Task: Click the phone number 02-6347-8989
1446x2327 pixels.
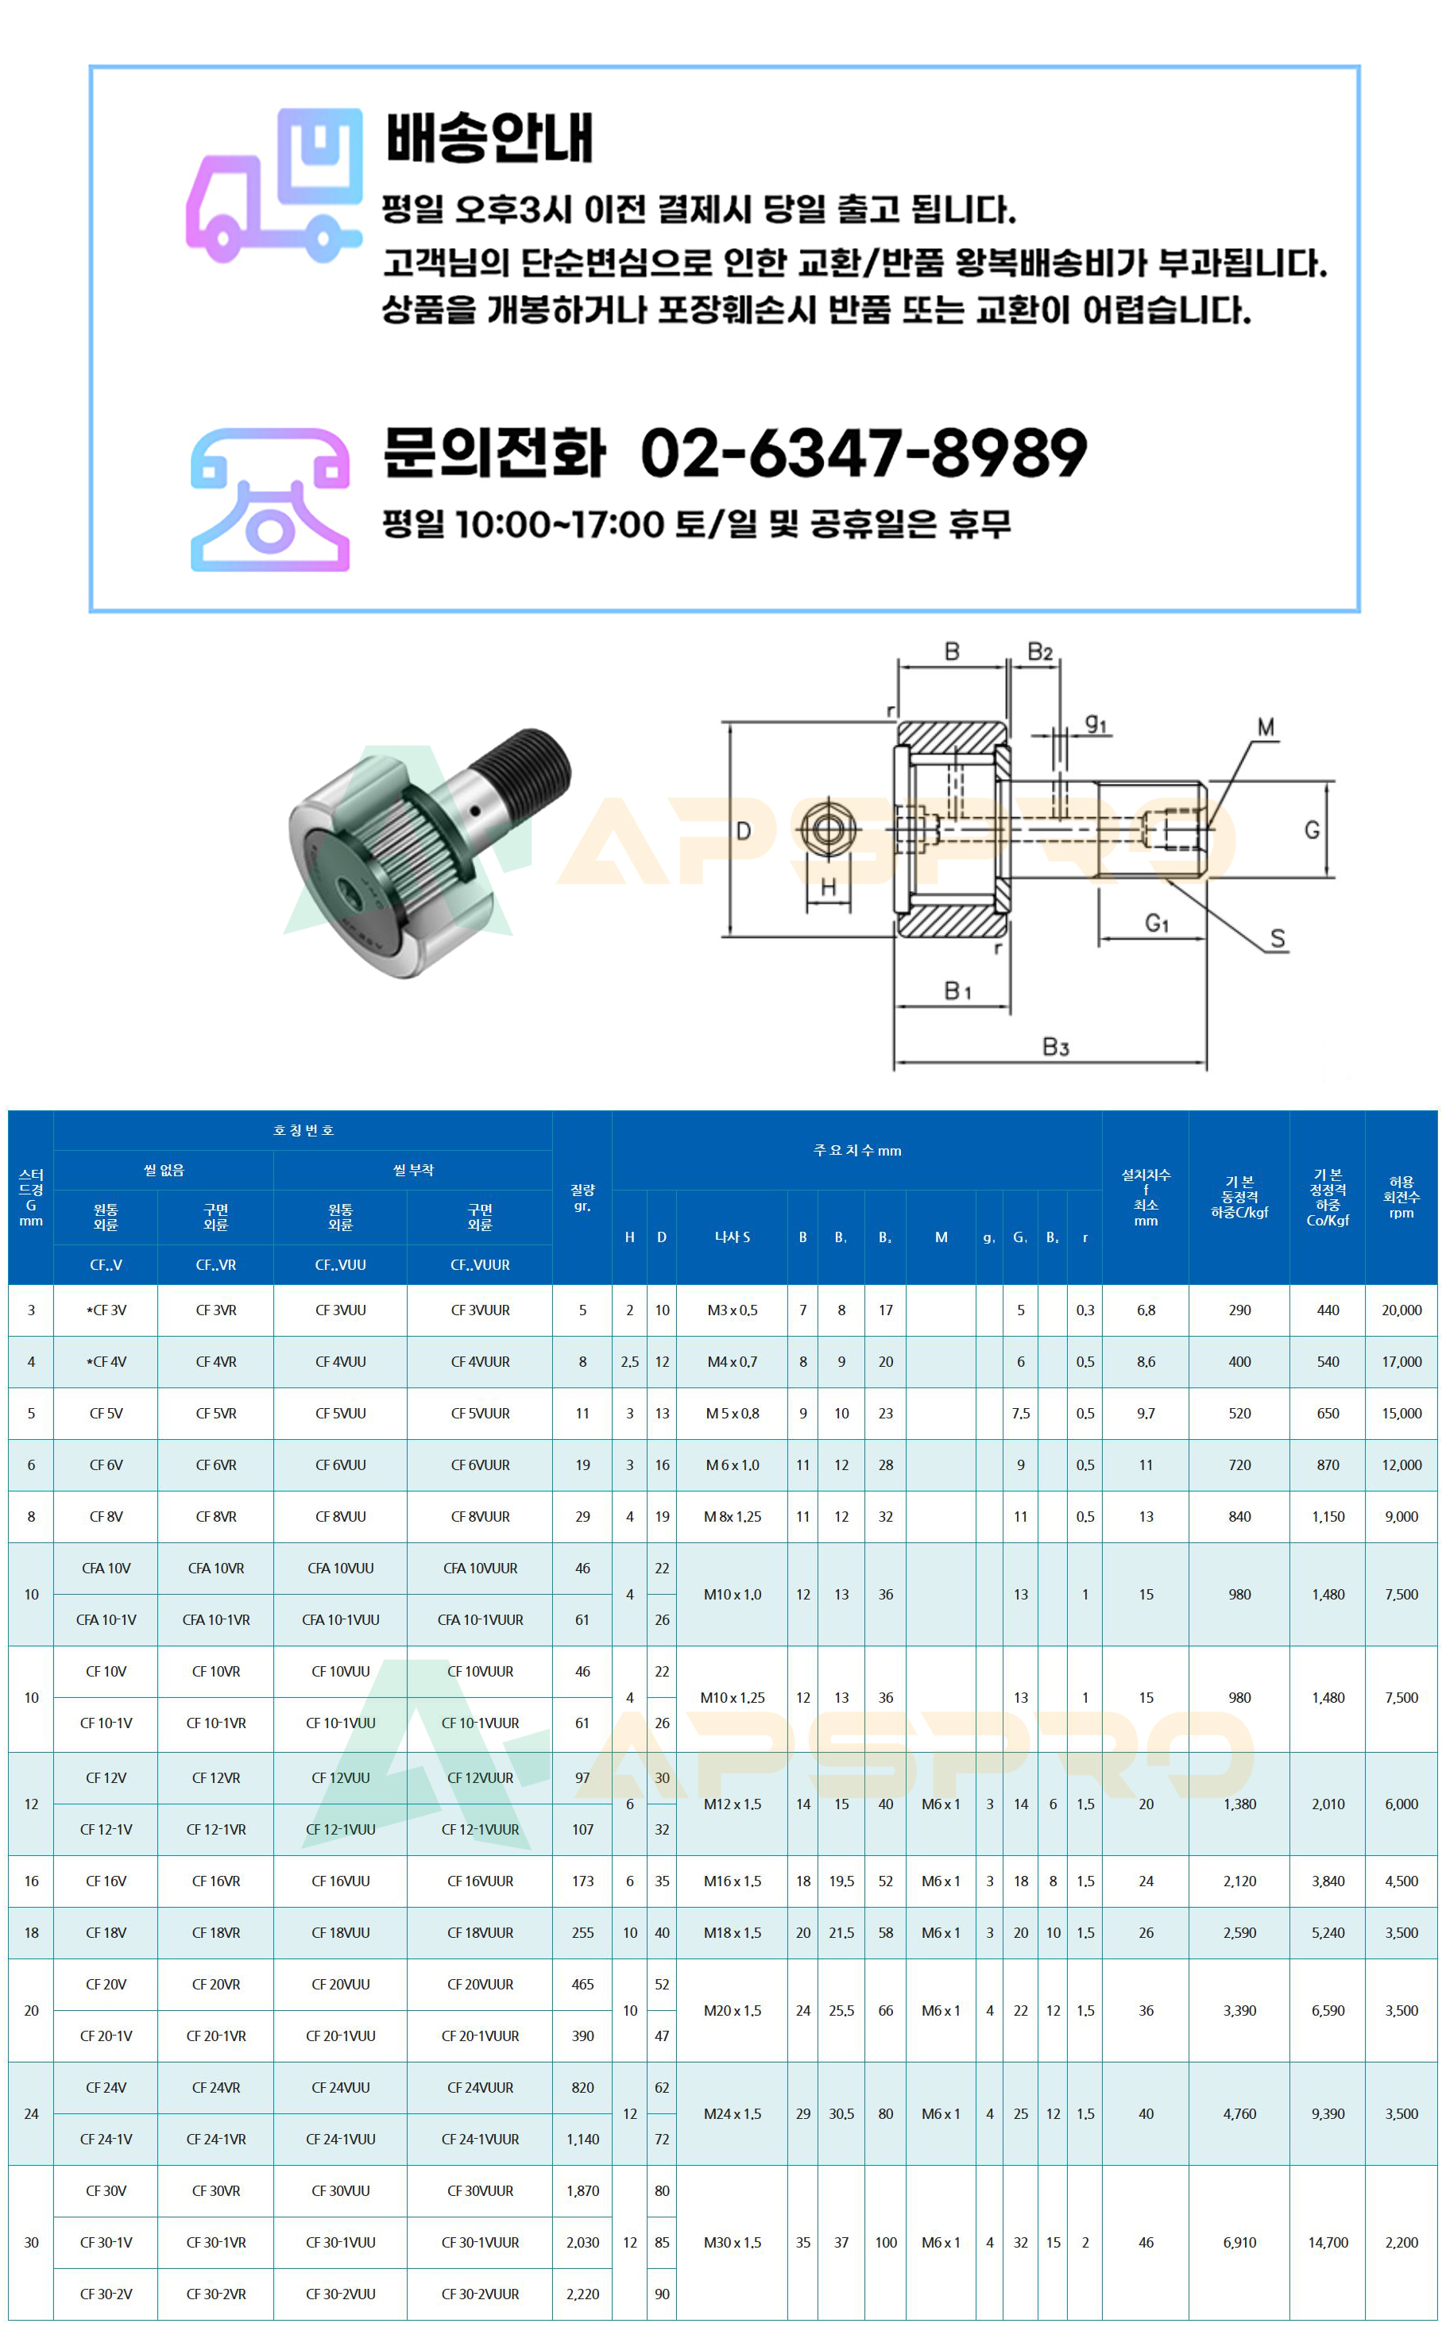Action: [x=863, y=453]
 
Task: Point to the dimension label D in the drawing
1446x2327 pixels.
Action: [x=743, y=830]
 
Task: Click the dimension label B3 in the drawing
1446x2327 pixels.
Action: [x=1055, y=1047]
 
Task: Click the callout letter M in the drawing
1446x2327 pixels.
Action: [x=1265, y=727]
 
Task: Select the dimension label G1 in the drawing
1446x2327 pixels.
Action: [x=1156, y=923]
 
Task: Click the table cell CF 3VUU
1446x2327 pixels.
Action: [x=341, y=1310]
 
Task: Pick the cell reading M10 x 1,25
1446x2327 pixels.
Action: [x=732, y=1698]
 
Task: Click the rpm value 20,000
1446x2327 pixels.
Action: [x=1401, y=1310]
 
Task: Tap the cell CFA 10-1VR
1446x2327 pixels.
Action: [x=216, y=1619]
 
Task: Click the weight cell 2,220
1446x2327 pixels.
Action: [x=582, y=2294]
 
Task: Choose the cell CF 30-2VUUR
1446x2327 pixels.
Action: [x=479, y=2294]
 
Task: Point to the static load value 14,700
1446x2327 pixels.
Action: [x=1328, y=2242]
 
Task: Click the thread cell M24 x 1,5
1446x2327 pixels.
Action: [x=732, y=2114]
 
